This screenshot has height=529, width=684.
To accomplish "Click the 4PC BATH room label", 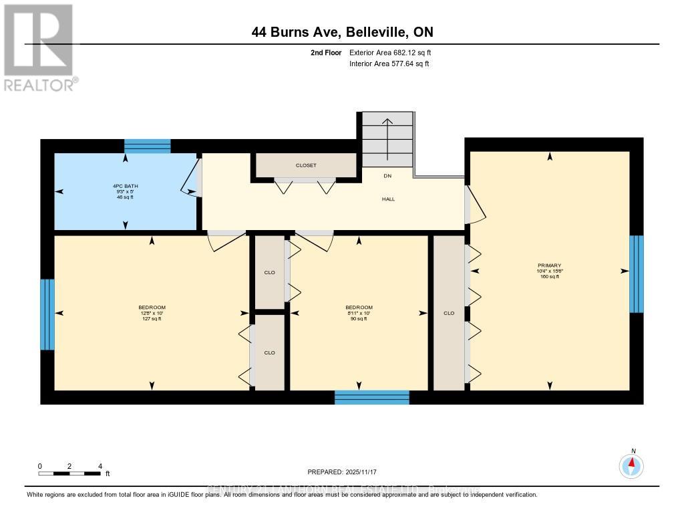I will pos(126,191).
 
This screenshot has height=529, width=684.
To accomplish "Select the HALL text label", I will pos(389,199).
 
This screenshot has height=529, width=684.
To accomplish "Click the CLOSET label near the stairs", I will pos(306,165).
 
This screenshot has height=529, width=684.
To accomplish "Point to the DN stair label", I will pos(387,176).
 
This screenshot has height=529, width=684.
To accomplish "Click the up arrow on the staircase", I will pos(387,133).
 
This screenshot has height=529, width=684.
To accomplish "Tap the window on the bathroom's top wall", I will pos(148,146).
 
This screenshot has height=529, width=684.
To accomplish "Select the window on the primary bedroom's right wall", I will pos(637,274).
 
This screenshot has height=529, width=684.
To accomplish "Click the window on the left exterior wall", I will pos(47,314).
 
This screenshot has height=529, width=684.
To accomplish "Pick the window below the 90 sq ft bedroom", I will pos(371,397).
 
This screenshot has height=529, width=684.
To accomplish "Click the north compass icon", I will pos(631,464).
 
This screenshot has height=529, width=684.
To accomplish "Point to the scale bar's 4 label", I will pos(100,466).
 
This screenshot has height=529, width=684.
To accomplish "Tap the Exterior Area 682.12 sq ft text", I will pos(395,52).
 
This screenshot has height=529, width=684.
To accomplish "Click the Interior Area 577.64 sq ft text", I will pos(389,64).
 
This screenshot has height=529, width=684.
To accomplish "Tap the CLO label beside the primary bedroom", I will pos(449,313).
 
